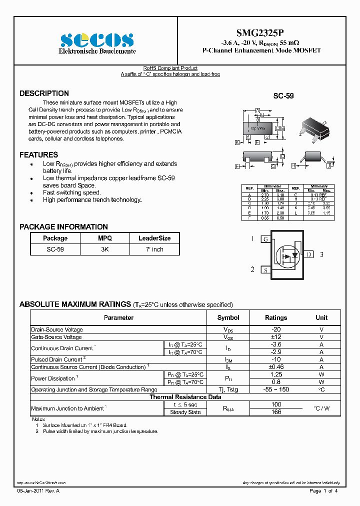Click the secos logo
[97, 40]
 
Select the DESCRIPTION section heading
[44, 93]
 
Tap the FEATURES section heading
[38, 155]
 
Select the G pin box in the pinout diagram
[265, 239]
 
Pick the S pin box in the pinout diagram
[265, 270]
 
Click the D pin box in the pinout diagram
[309, 254]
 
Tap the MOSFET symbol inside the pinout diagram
[287, 255]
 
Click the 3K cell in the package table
[105, 249]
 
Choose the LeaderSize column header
[154, 238]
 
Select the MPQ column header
[105, 238]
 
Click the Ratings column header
[275, 317]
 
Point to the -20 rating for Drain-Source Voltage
[275, 329]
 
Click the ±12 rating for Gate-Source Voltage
[275, 337]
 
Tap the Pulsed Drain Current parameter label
[57, 359]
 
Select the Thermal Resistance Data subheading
[185, 397]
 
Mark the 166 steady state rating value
[275, 412]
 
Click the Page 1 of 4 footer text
[323, 491]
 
